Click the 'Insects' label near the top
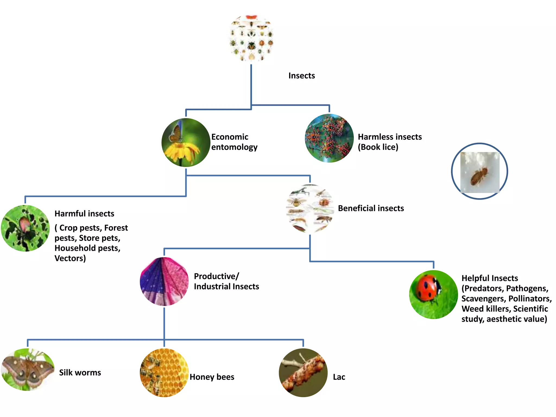[x=301, y=75]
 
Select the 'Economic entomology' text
[x=234, y=142]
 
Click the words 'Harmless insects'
[x=390, y=137]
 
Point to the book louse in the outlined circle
[x=479, y=176]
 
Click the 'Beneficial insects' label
[x=371, y=208]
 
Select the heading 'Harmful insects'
[x=84, y=214]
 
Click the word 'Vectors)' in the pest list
[x=70, y=258]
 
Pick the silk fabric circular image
[x=164, y=282]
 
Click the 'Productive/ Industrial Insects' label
[x=226, y=281]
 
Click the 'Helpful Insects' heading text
[x=489, y=278]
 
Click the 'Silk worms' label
[x=80, y=372]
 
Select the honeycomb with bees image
[x=164, y=372]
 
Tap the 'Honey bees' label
[x=212, y=377]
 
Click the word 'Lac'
[x=339, y=377]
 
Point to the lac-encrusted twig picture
[x=303, y=372]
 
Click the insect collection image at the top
[x=251, y=38]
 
